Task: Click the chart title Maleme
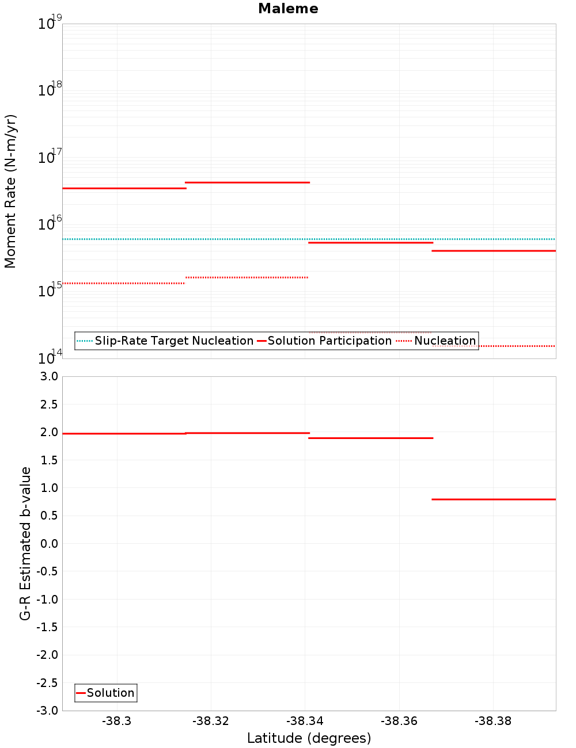point(288,9)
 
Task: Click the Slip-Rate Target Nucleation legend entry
point(173,341)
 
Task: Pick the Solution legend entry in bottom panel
point(110,693)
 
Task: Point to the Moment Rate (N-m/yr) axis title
point(10,191)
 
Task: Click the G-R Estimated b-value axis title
point(25,543)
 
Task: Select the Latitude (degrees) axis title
point(309,738)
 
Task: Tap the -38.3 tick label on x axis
point(117,721)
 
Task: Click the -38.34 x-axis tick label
point(305,721)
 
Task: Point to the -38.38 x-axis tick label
point(493,721)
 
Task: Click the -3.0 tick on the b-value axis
point(47,711)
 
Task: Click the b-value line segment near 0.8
point(494,499)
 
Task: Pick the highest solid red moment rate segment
point(247,182)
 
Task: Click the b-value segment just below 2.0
point(370,438)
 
